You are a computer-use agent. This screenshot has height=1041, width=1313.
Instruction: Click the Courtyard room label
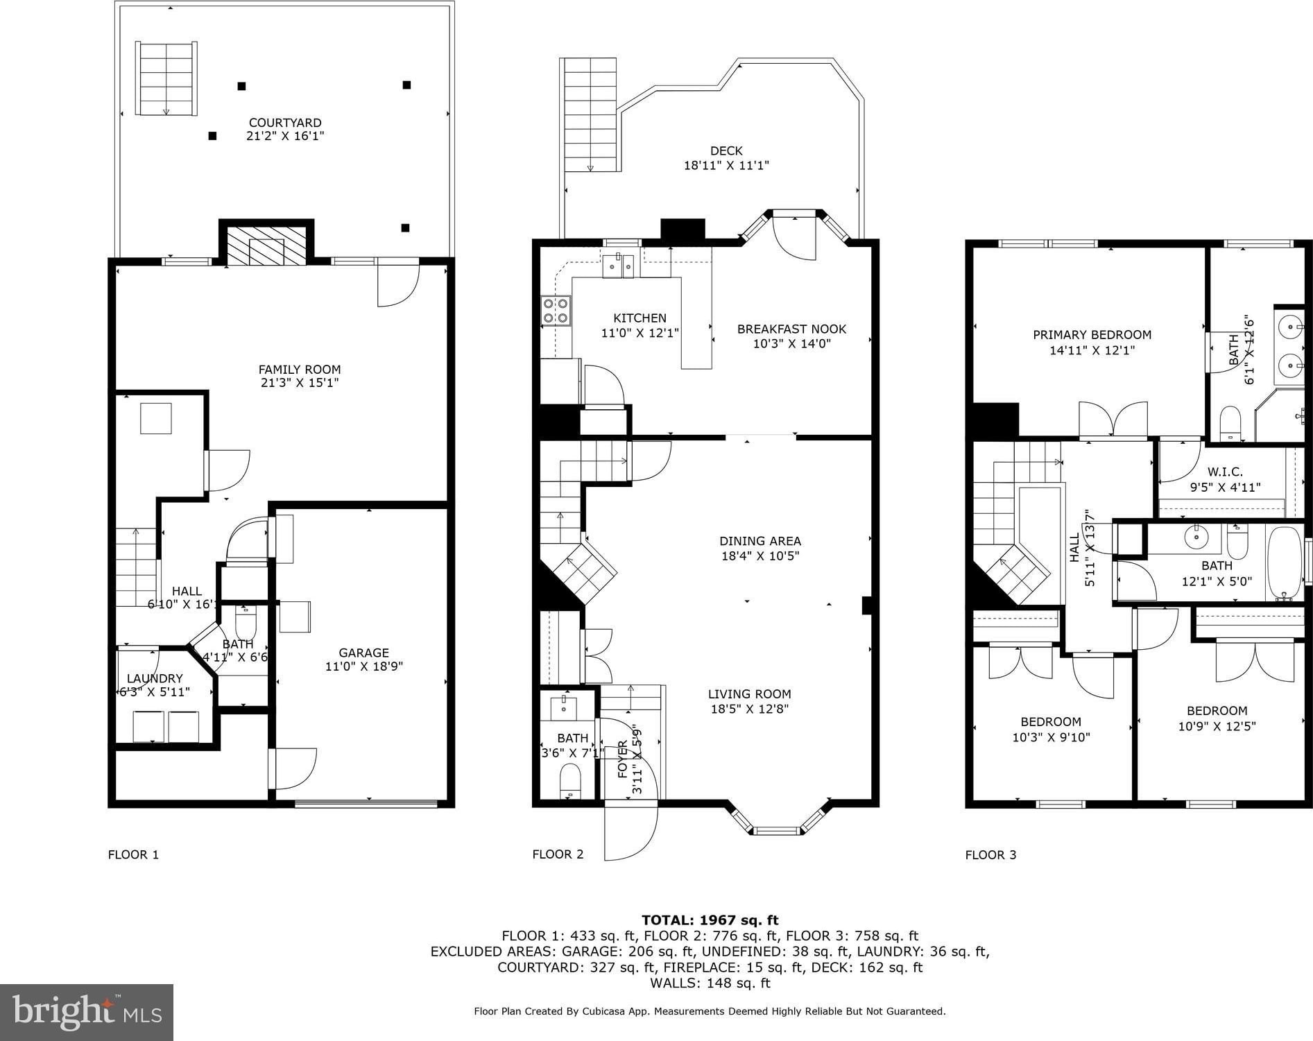click(x=285, y=123)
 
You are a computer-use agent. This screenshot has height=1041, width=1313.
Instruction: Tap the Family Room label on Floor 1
click(x=300, y=370)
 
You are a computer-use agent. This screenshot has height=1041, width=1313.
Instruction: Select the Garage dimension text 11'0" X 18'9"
click(x=364, y=666)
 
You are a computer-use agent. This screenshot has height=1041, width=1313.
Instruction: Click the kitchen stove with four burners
click(x=556, y=310)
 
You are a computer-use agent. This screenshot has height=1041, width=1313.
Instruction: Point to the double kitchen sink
click(x=618, y=266)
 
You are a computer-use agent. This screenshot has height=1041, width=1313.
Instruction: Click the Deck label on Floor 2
click(x=726, y=150)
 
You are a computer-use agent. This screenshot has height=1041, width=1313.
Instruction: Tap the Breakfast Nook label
click(x=791, y=329)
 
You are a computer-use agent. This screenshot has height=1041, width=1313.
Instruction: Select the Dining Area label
click(x=760, y=541)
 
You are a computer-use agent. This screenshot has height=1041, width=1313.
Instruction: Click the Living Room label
click(x=749, y=694)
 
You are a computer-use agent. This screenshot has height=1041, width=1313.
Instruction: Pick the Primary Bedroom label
click(x=1092, y=335)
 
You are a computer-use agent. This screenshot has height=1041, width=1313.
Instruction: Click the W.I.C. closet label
click(x=1225, y=472)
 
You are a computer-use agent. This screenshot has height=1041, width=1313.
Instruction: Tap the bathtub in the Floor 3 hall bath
click(x=1285, y=565)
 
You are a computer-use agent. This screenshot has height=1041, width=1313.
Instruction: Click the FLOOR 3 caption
click(x=990, y=854)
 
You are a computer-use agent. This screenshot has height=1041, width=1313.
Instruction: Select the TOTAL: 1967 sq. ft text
click(x=710, y=920)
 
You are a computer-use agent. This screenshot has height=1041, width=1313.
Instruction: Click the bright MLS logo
click(x=87, y=1013)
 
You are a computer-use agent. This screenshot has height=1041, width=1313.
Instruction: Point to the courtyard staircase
click(x=166, y=78)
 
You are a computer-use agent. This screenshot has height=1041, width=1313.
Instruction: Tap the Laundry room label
click(x=155, y=678)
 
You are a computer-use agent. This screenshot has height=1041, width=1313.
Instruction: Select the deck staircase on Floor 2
click(x=589, y=114)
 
